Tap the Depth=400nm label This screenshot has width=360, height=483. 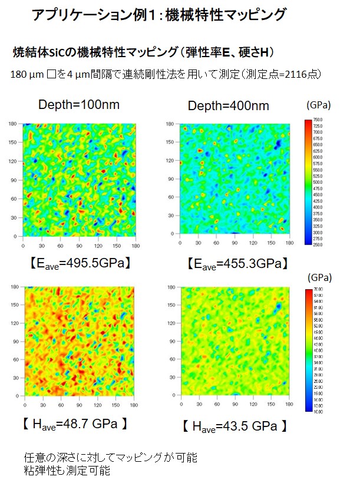(229, 106)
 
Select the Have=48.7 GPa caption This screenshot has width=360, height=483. (75, 425)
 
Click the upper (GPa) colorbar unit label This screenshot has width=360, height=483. (319, 105)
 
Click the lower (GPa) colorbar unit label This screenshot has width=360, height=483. (319, 277)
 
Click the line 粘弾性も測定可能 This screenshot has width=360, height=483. (67, 471)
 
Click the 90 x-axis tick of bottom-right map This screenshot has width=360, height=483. (236, 407)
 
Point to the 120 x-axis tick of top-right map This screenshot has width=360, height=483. (254, 241)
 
